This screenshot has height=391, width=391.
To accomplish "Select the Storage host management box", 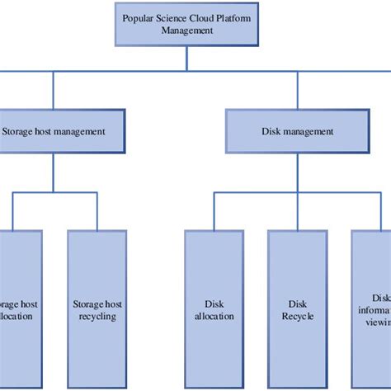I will pos(54,131).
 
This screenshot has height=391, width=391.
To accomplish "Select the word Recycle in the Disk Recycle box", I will pos(297,316).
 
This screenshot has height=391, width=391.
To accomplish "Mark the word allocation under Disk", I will pos(214,316).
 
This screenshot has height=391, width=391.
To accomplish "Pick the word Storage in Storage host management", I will pos(18,131).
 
